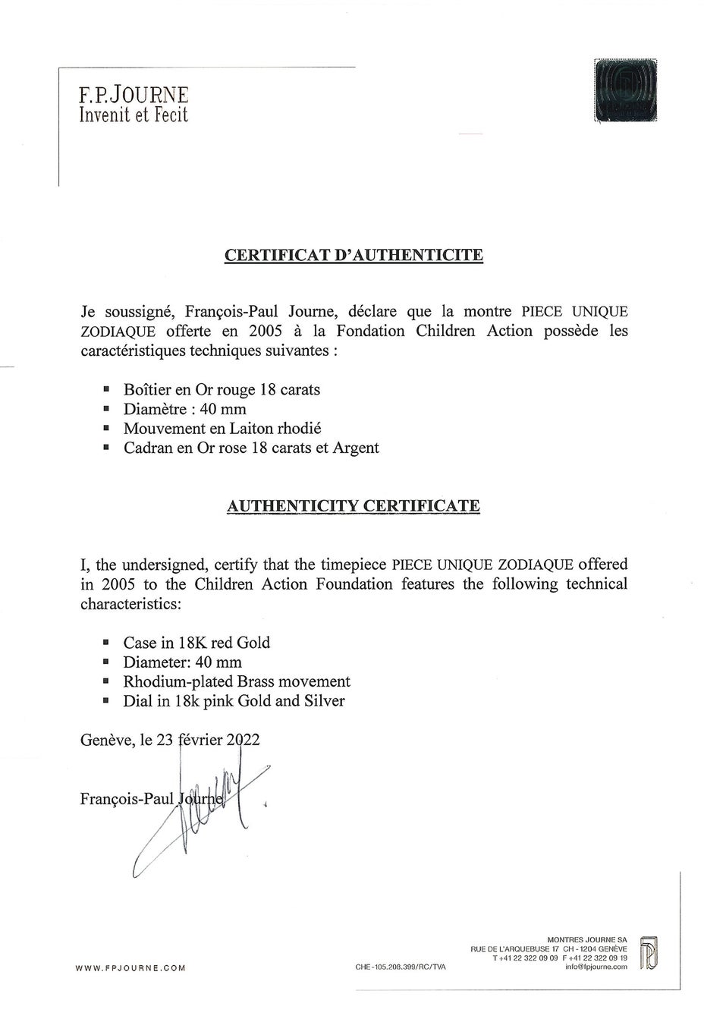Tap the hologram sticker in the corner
[625, 90]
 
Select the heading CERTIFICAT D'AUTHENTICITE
[354, 254]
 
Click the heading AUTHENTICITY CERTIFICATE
[354, 506]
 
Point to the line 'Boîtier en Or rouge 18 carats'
[222, 390]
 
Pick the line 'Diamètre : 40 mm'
[185, 410]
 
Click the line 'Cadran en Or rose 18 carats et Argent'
[251, 448]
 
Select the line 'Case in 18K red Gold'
[196, 643]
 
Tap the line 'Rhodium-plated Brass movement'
[237, 681]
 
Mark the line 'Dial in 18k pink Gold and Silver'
[234, 701]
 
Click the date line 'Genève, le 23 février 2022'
[170, 740]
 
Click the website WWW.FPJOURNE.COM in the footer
[130, 967]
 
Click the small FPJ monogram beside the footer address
[649, 953]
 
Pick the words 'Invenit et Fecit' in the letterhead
[134, 115]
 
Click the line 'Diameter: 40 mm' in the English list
[182, 662]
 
